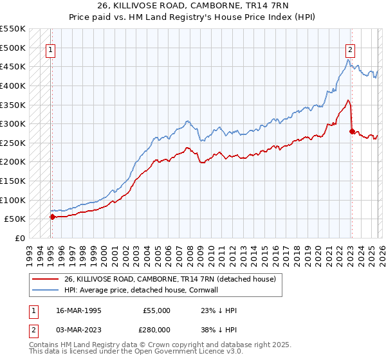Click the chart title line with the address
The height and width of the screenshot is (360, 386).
(x=192, y=6)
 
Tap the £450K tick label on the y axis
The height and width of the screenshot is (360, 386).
(x=13, y=67)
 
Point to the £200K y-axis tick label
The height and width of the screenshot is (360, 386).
(x=13, y=162)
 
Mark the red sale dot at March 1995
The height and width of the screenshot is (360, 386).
(x=53, y=217)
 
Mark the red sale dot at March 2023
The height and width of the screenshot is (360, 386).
(x=351, y=131)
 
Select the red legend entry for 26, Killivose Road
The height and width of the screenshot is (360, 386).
(x=170, y=279)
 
